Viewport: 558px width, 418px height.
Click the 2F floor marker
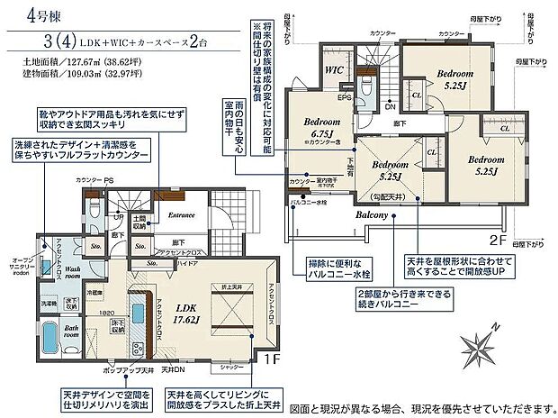499,241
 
